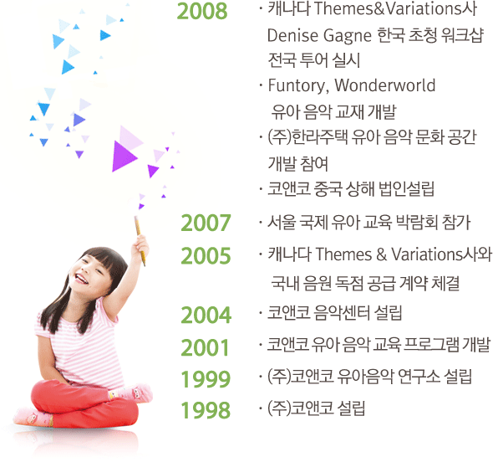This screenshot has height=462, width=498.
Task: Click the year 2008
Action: tap(203, 12)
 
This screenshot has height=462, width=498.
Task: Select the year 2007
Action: tap(206, 223)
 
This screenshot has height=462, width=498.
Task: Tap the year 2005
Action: tap(206, 254)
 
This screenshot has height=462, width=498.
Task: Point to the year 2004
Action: tap(206, 316)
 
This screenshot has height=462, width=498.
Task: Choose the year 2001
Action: tap(206, 346)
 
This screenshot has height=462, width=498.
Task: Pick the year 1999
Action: tap(206, 378)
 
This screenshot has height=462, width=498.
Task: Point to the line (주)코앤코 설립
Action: tap(317, 408)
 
